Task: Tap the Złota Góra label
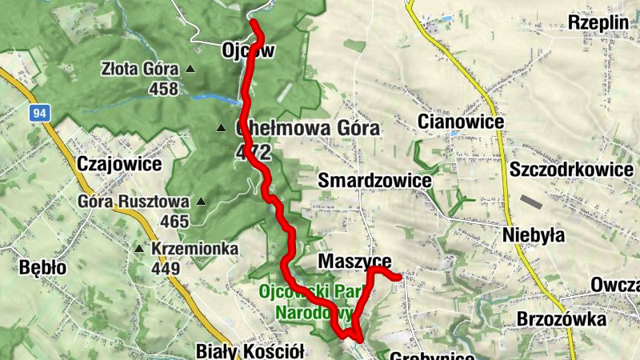pos(138,69)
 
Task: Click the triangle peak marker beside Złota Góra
pos(190,69)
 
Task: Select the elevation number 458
pos(163,88)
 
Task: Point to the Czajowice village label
pos(119,164)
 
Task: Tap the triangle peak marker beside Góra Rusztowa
pos(201,202)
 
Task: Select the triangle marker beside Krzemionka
pos(139,249)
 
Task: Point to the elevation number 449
pos(166,268)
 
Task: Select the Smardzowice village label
pos(374,181)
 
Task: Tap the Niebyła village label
pos(534,234)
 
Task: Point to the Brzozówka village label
pos(561,320)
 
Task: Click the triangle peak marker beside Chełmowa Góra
pos(221,128)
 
